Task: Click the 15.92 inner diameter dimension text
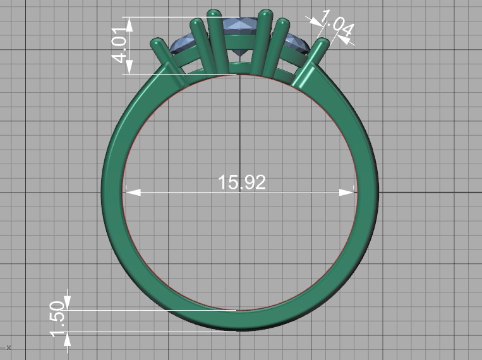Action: click(242, 183)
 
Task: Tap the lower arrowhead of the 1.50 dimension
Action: click(68, 339)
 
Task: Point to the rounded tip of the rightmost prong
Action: click(324, 42)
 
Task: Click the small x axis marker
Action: click(9, 347)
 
